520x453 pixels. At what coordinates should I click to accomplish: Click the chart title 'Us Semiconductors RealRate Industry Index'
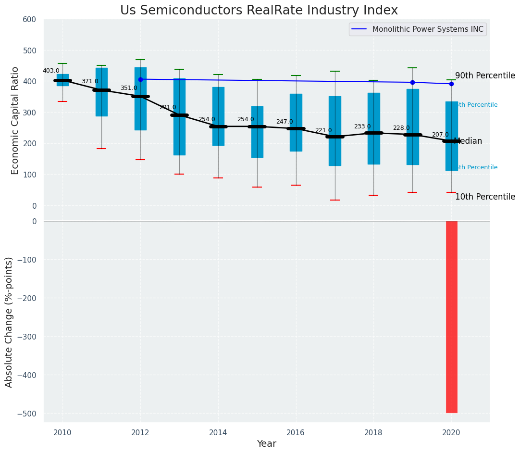click(259, 11)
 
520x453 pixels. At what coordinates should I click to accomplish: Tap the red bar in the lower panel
click(451, 317)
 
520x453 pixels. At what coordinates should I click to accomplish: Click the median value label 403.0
click(51, 71)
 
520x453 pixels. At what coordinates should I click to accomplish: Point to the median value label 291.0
click(168, 107)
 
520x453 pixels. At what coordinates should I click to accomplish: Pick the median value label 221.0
click(323, 130)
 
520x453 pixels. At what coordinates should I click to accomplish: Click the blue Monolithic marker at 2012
click(140, 79)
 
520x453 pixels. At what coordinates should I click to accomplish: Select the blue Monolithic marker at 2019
click(412, 82)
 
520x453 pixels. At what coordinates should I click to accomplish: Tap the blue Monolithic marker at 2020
click(451, 84)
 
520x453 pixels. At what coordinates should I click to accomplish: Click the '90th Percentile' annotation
click(485, 76)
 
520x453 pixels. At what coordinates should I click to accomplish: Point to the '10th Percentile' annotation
click(485, 197)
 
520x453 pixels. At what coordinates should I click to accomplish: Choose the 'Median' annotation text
click(468, 141)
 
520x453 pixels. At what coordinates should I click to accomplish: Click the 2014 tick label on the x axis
click(218, 432)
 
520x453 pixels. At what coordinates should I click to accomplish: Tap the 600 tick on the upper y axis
click(30, 19)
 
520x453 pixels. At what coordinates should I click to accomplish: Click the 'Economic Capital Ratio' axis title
click(15, 120)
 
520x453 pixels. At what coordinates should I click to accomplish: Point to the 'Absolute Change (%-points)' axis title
click(9, 322)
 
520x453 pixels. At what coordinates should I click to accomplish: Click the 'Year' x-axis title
click(266, 444)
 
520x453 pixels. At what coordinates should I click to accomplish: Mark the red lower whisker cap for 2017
click(335, 200)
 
